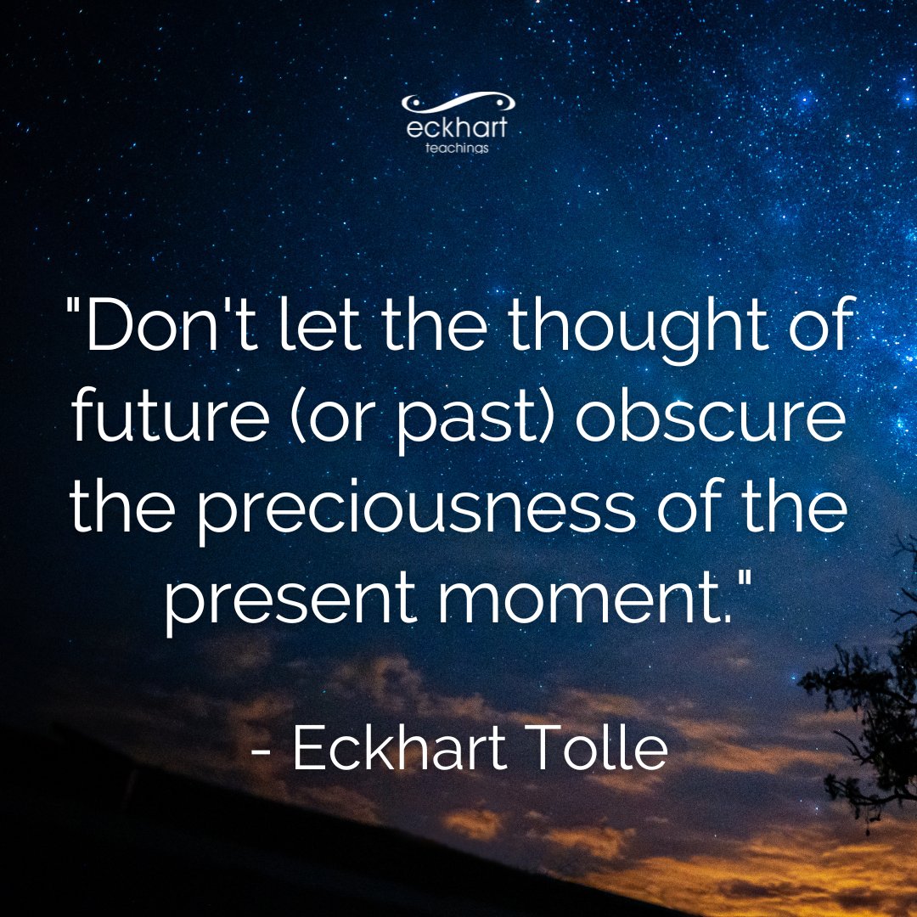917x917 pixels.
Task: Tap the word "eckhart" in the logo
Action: [458, 130]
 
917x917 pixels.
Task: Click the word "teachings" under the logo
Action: [458, 148]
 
